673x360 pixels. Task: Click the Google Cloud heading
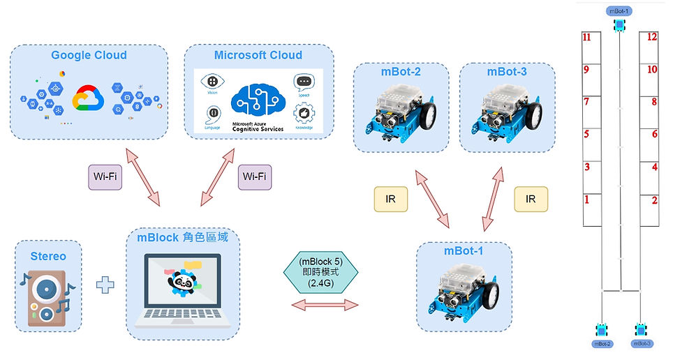(x=89, y=55)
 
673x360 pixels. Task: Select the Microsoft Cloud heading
(x=258, y=55)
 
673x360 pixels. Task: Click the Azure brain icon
(x=258, y=98)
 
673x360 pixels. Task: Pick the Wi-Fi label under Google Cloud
(x=104, y=177)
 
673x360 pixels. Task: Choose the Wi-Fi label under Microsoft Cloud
(x=253, y=177)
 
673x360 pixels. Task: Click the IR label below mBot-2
(x=392, y=199)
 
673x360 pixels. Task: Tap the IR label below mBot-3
(x=531, y=199)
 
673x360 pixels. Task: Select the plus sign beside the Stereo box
(x=104, y=285)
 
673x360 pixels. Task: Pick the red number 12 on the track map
(x=652, y=37)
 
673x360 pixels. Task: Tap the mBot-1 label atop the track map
(x=619, y=10)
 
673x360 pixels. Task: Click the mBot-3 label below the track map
(x=642, y=343)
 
